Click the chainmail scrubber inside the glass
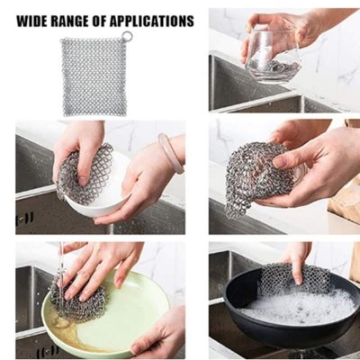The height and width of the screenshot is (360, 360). tap(276, 67)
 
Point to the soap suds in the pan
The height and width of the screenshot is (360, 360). tap(300, 306)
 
